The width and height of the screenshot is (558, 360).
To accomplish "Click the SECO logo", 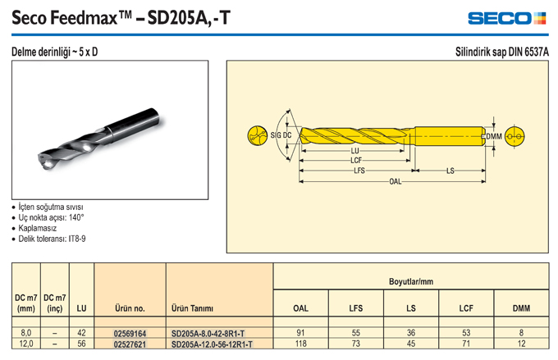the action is [507, 18].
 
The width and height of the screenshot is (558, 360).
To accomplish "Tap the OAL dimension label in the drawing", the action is [395, 182].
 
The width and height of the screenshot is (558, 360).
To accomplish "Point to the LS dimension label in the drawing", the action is [451, 171].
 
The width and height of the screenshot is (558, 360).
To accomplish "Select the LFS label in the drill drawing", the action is [359, 171].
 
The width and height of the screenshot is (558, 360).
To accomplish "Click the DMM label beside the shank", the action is [494, 137].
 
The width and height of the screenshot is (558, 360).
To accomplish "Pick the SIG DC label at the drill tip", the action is [281, 135].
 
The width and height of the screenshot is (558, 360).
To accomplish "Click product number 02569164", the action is [130, 334].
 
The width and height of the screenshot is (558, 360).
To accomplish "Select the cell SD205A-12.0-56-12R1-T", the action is [212, 344].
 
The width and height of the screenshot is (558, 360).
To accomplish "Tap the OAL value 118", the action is [300, 344].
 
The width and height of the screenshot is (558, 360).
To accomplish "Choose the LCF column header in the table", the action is [466, 308].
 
